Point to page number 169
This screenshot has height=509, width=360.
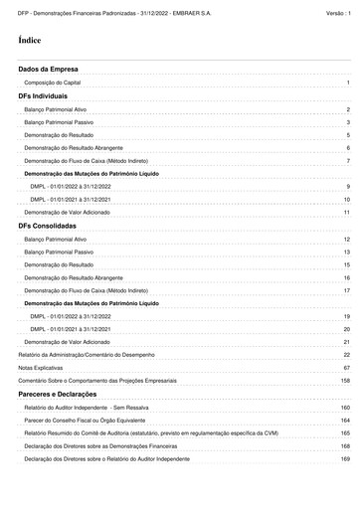point(345,459)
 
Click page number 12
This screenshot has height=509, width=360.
point(346,240)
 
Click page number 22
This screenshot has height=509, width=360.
point(346,355)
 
